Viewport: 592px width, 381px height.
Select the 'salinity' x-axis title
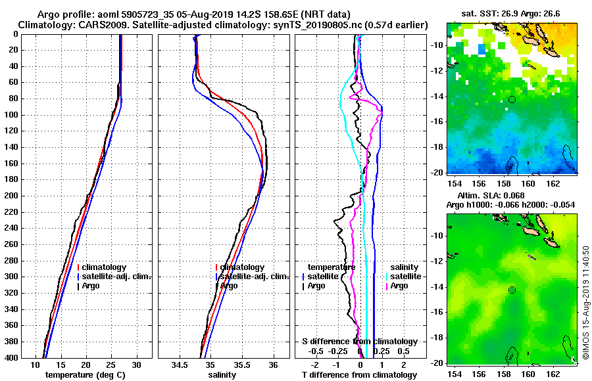click(x=222, y=375)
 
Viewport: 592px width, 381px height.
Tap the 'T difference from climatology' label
click(x=359, y=375)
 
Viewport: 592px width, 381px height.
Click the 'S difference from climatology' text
click(x=359, y=342)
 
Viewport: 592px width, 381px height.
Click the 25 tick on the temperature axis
click(x=111, y=365)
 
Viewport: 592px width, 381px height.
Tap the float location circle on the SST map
click(x=512, y=99)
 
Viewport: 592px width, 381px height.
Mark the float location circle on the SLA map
click(x=512, y=290)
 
